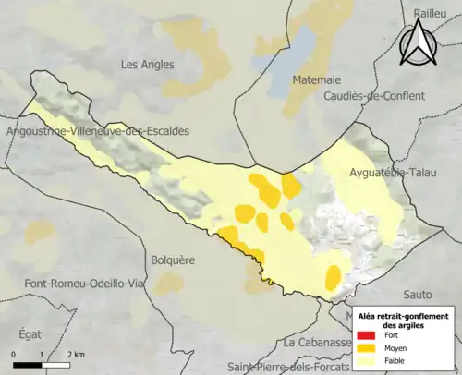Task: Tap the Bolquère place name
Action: [x=173, y=261]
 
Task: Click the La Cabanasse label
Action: [x=316, y=343]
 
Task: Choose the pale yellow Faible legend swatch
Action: [x=366, y=363]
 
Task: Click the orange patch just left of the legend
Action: [x=333, y=276]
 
